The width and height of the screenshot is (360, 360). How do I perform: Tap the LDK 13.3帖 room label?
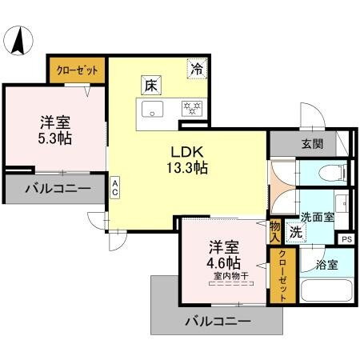pos(187,159)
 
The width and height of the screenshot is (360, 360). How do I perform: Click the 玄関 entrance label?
pos(313,144)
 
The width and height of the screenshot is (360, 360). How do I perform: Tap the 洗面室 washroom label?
pos(318,216)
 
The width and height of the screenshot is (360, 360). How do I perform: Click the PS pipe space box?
pos(346,238)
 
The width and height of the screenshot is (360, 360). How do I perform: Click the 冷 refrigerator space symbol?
pos(196,68)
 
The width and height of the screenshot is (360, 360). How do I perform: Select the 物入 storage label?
pos(275,231)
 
